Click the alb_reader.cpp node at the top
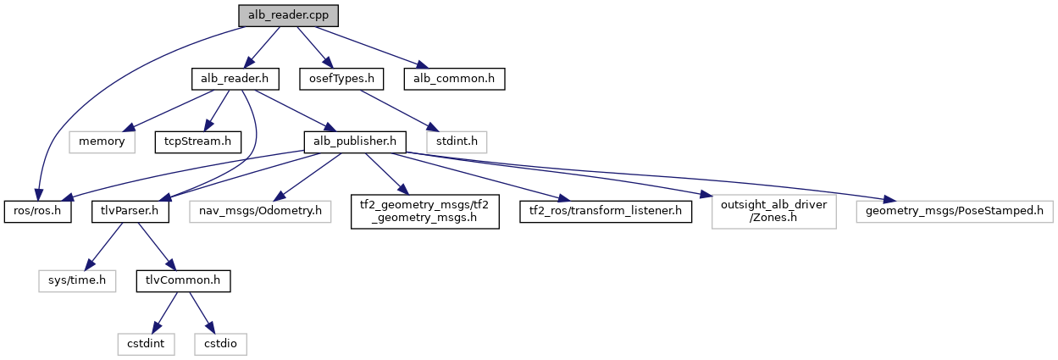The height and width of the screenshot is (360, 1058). click(x=281, y=15)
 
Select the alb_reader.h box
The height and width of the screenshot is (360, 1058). click(x=234, y=79)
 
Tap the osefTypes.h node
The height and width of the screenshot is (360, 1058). click(x=341, y=79)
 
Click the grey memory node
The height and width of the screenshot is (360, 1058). click(x=102, y=141)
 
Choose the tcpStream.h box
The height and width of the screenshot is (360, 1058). click(x=197, y=141)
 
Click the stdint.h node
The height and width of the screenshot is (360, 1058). click(x=457, y=141)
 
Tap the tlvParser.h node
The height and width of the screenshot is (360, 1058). click(x=130, y=210)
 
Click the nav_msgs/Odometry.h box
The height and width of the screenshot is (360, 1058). click(x=261, y=210)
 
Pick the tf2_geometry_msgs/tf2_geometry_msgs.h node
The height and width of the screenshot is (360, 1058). click(x=424, y=210)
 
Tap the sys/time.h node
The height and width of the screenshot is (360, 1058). click(x=76, y=279)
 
